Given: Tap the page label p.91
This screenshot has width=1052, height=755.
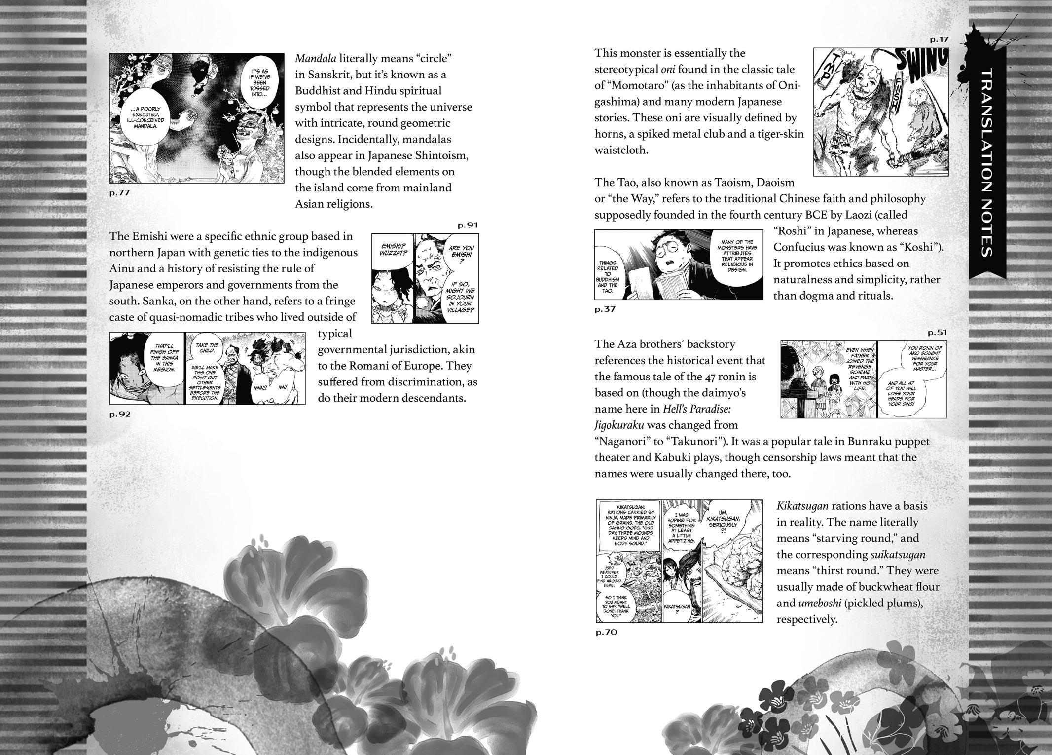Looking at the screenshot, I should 468,225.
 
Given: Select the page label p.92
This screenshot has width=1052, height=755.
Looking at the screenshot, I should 120,414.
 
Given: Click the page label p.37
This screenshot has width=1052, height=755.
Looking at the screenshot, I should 605,309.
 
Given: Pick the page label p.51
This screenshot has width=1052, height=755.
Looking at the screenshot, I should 937,332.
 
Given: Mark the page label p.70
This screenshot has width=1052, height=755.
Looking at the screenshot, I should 606,632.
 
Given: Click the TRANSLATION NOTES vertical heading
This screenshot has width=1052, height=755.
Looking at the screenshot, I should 984,163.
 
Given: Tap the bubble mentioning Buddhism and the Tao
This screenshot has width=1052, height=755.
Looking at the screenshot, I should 607,277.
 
